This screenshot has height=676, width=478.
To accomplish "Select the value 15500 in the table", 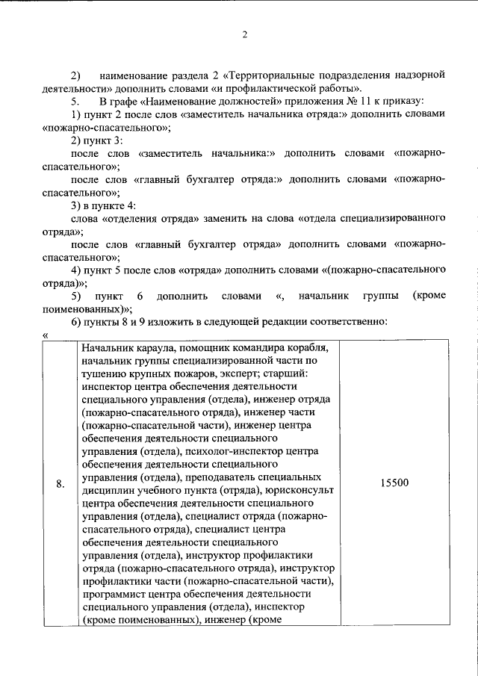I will coord(394,483).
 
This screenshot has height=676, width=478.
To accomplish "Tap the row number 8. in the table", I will coord(60,483).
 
